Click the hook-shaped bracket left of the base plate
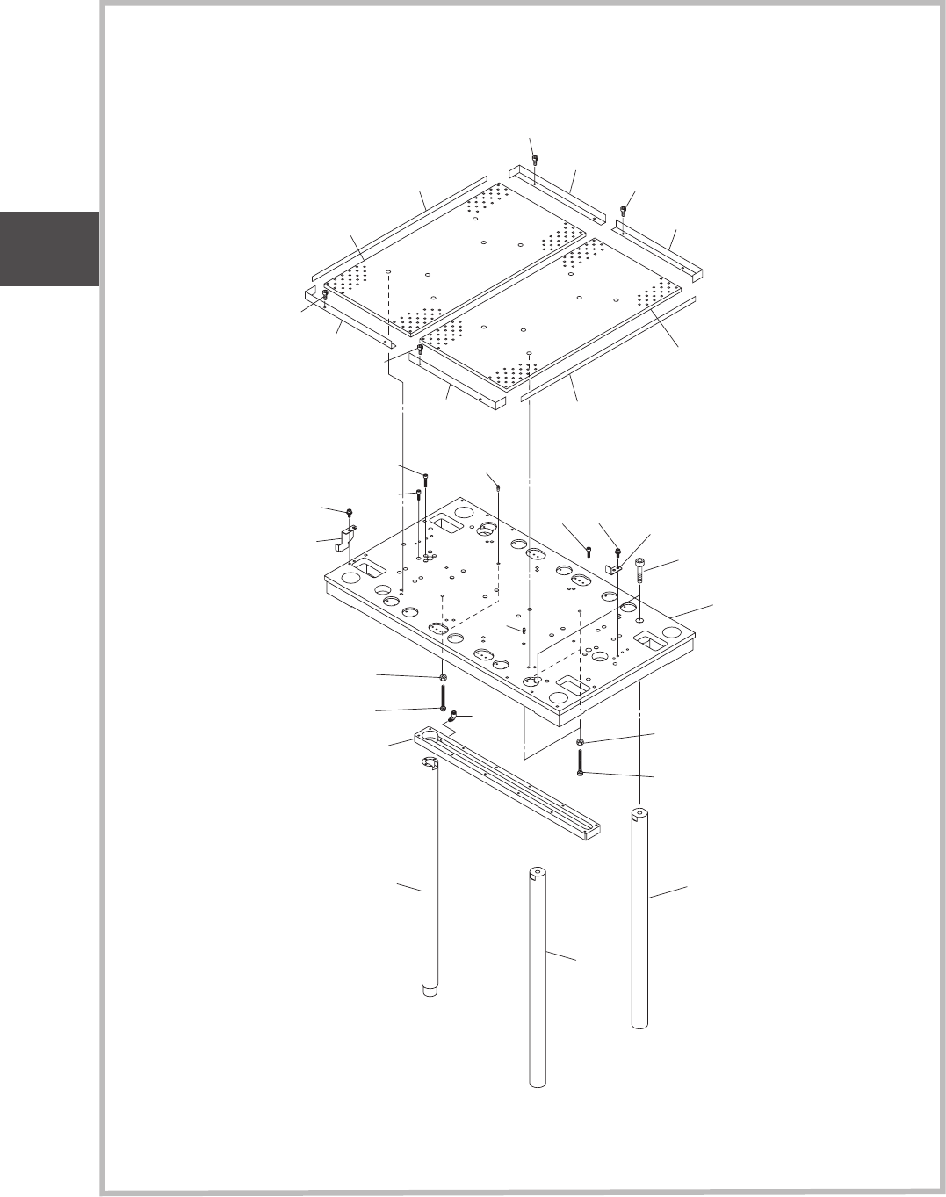pyautogui.click(x=344, y=537)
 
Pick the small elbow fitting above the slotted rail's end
pyautogui.click(x=452, y=718)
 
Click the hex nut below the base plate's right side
pyautogui.click(x=581, y=743)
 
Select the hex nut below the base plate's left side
pyautogui.click(x=443, y=678)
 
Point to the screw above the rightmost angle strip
pyautogui.click(x=624, y=210)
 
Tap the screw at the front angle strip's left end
pyautogui.click(x=420, y=350)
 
